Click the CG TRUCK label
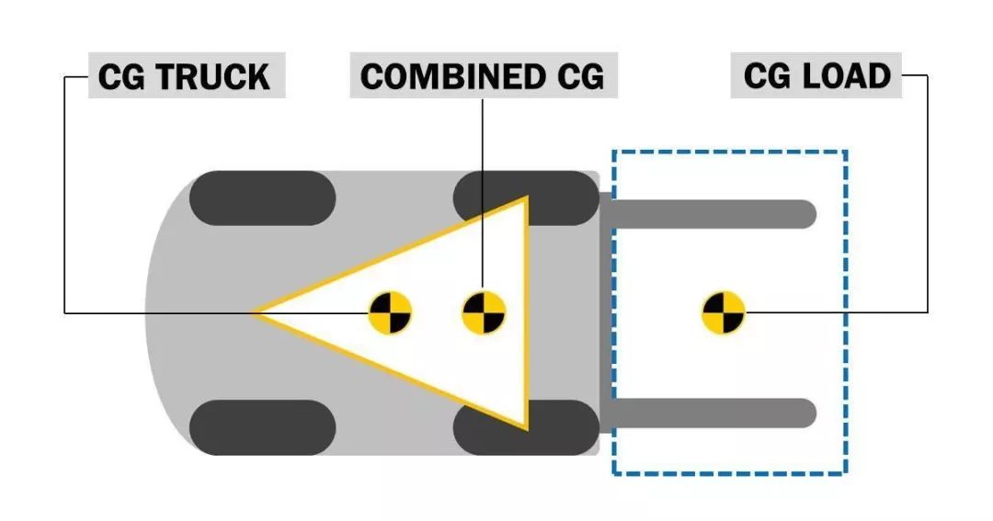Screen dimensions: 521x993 (185, 76)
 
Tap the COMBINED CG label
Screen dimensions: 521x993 (483, 76)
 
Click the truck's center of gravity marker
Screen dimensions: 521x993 (390, 313)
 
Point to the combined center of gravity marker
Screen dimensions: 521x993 (483, 313)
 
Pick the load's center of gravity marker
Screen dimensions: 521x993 (724, 313)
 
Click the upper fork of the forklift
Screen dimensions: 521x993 (717, 214)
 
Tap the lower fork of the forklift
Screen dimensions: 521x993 (717, 413)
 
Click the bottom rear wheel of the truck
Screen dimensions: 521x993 (263, 427)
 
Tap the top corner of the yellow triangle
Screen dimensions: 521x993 (526, 198)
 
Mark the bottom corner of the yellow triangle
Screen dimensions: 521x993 (527, 428)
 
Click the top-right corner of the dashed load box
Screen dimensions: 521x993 (845, 152)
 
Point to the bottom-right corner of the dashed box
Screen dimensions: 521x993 (845, 473)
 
